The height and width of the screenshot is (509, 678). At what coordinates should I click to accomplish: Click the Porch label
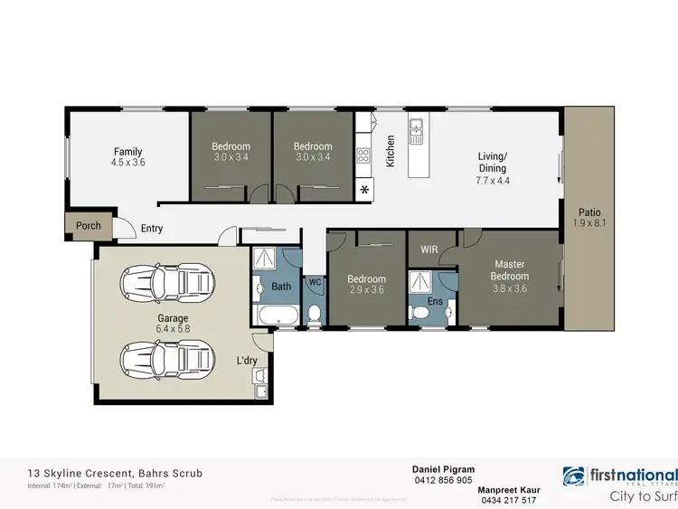(x=88, y=226)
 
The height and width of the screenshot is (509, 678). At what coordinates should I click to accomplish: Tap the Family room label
(x=127, y=152)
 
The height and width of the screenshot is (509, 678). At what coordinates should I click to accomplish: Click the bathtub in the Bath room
(x=274, y=316)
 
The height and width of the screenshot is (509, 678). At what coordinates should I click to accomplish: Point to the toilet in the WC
(x=314, y=313)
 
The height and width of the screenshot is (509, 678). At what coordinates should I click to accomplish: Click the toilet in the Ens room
(x=420, y=313)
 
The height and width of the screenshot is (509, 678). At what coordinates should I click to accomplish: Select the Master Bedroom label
(x=508, y=269)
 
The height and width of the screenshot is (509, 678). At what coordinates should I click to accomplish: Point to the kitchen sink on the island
(x=416, y=135)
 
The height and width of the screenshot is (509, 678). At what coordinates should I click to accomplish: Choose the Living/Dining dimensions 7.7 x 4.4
(x=493, y=180)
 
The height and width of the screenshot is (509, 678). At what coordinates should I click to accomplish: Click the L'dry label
(x=248, y=361)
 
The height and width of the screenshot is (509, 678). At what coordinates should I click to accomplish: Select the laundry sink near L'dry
(x=260, y=391)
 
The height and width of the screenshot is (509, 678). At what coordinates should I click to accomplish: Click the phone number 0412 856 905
(x=442, y=481)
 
